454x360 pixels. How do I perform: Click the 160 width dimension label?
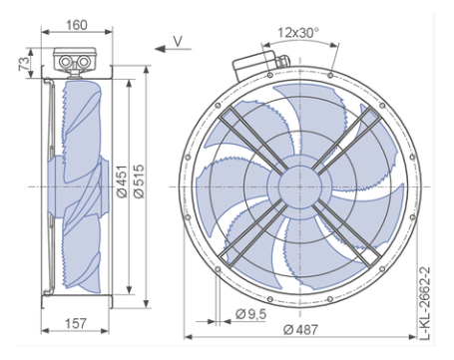tap(77, 25)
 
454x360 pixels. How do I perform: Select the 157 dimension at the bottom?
tap(76, 323)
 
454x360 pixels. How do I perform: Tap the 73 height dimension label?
tap(24, 64)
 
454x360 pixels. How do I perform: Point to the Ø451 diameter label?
tap(123, 181)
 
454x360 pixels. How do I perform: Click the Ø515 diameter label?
tap(140, 181)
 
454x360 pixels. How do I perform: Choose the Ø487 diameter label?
tap(300, 330)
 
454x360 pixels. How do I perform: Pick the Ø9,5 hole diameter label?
tap(251, 314)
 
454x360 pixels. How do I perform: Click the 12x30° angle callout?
tap(298, 33)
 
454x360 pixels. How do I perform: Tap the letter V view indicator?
tap(178, 41)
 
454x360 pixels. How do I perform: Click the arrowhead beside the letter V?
tap(161, 49)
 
